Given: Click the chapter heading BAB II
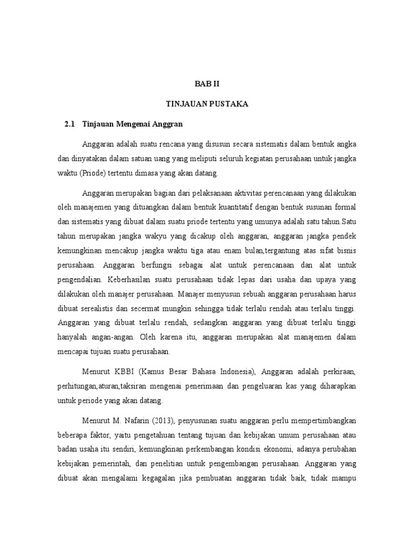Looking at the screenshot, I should click(207, 84).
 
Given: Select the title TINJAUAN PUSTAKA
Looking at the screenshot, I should click(207, 104).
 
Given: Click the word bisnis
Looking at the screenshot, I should click(345, 251).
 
